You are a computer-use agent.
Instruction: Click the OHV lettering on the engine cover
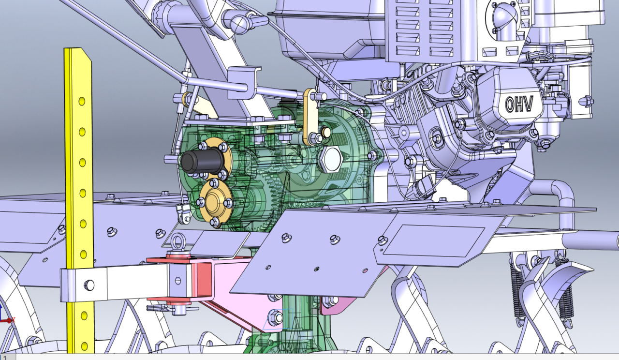(x=519, y=104)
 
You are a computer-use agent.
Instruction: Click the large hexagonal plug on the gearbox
(x=330, y=159)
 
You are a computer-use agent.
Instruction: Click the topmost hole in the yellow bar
(x=82, y=101)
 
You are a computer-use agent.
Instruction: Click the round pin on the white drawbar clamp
(x=89, y=285)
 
